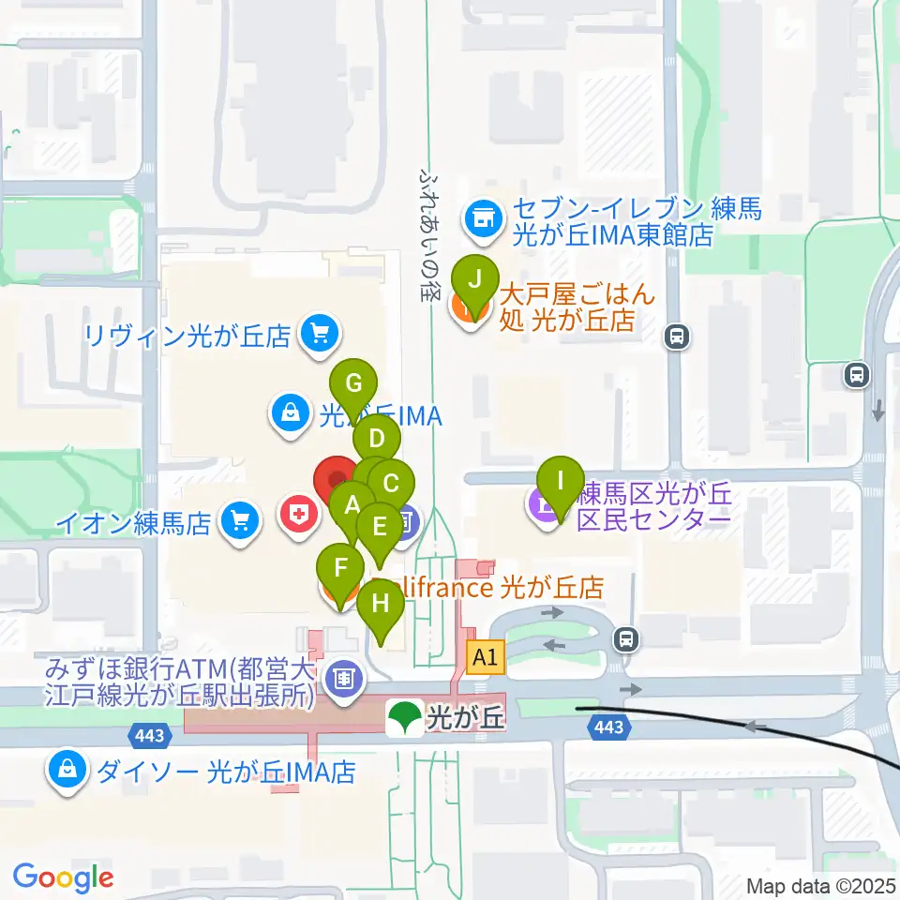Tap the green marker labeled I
561,482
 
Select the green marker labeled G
354,384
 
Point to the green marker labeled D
377,440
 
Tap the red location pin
336,479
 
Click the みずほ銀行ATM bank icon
345,677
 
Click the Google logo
63,877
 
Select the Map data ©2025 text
820,885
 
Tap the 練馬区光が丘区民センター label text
653,506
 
